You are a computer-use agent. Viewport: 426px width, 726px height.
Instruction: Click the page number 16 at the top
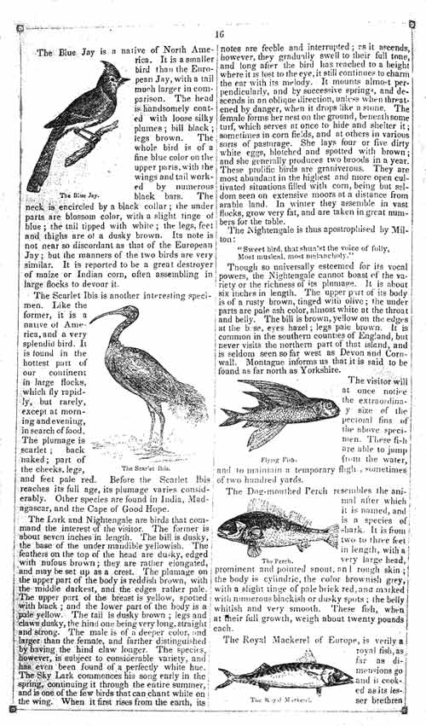pos(219,33)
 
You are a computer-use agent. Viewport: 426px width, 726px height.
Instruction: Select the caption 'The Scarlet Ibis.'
pos(136,468)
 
